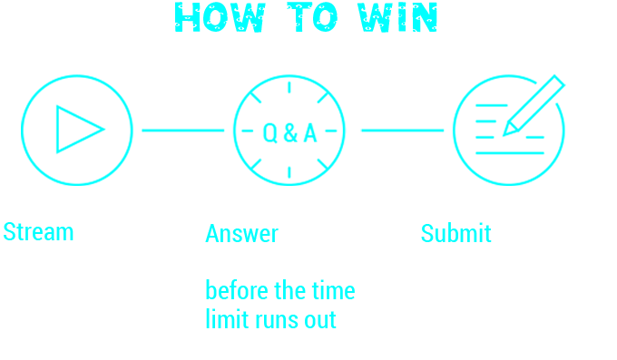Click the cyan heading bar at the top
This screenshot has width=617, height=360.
[305, 17]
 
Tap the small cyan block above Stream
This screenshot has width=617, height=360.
[77, 130]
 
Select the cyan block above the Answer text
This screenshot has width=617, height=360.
[243, 130]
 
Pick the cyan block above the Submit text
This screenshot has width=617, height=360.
[463, 130]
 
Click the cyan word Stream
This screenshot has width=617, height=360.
[38, 233]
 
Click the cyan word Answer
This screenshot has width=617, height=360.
[241, 235]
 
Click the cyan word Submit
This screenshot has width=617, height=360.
[455, 235]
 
